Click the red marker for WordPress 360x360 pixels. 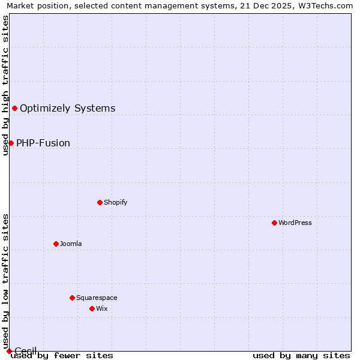tap(274, 223)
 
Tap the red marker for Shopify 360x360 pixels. tap(100, 202)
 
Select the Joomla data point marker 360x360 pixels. tap(56, 244)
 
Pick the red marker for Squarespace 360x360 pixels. tap(72, 298)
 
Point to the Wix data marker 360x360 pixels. tap(92, 308)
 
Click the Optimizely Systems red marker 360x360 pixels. tap(14, 108)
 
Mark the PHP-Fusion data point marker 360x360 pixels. tap(11, 143)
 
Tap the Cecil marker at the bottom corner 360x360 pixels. tap(9, 351)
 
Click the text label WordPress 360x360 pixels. tap(295, 223)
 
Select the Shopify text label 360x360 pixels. tap(116, 202)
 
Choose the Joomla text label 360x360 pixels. tap(71, 244)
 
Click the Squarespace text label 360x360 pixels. tap(97, 298)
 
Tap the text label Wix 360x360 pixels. tap(102, 308)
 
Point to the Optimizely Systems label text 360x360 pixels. tap(67, 109)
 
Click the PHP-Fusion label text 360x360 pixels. tap(43, 143)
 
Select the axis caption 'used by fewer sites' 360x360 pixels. tap(62, 356)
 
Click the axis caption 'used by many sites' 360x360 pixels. tap(301, 356)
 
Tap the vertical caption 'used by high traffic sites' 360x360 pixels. tap(6, 85)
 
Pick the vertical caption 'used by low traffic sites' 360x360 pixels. tap(6, 281)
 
